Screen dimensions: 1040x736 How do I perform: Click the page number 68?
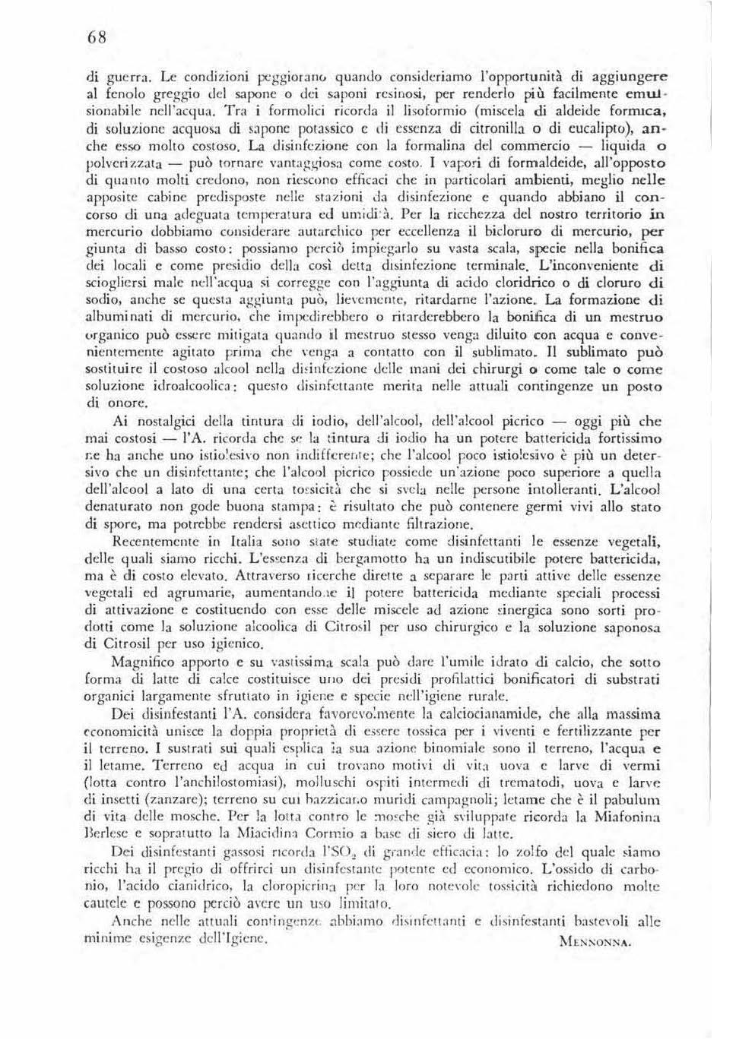[x=97, y=38]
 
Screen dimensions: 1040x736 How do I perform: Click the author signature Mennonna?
[x=595, y=942]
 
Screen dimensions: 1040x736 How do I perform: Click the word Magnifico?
[x=144, y=662]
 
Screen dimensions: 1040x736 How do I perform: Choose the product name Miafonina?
[x=621, y=817]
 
